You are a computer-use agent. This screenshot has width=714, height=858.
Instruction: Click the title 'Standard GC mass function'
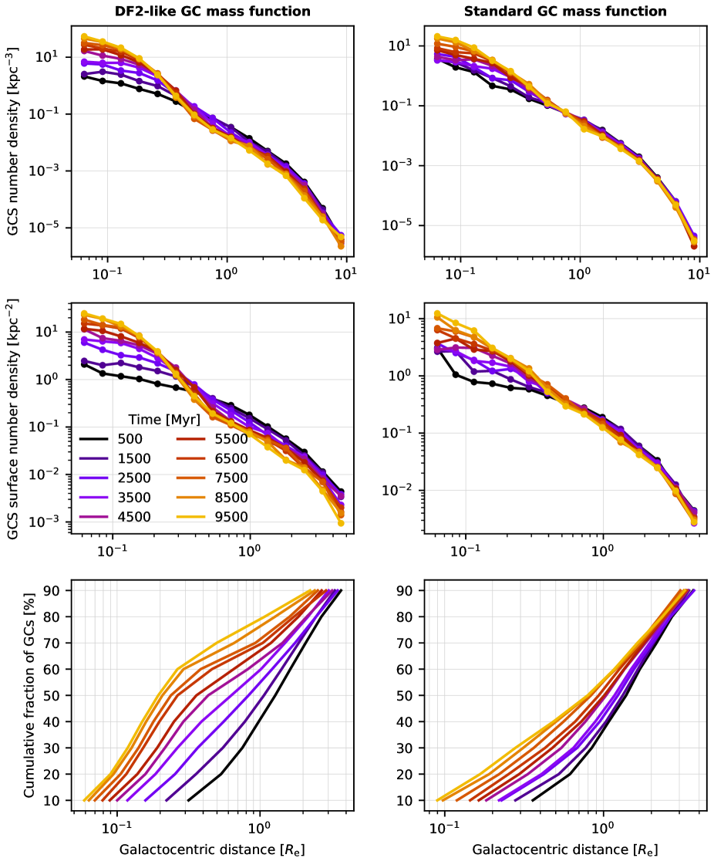565,12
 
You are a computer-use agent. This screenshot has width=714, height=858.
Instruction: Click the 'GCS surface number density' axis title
14,417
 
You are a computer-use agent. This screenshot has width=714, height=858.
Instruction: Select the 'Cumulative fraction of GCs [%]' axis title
29,694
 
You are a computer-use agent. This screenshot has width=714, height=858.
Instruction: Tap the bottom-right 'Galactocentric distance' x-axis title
565,849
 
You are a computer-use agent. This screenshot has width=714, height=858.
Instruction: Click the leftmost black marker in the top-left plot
84,76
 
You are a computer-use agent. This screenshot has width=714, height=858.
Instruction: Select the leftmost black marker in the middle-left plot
84,364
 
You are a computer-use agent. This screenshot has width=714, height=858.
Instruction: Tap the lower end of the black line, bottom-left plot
188,800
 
